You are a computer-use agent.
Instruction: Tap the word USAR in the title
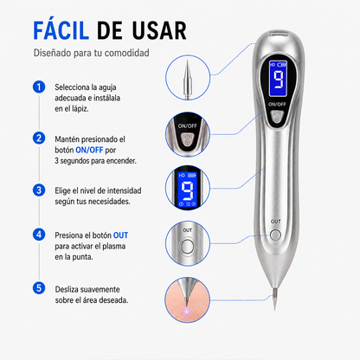[x=159, y=30]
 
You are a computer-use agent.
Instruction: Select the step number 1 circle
[x=39, y=87]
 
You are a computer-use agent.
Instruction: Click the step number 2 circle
[x=39, y=138]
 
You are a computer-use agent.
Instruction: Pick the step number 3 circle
[x=39, y=190]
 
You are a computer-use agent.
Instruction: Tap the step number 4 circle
[x=39, y=235]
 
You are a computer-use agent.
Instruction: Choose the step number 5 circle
[x=39, y=288]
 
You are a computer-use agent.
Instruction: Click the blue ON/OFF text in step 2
[x=89, y=150]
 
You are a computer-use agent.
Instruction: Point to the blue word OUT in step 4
[x=120, y=235]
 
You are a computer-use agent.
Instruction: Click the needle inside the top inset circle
[x=187, y=80]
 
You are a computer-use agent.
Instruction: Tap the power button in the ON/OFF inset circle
[x=187, y=139]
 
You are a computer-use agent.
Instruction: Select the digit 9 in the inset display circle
[x=187, y=190]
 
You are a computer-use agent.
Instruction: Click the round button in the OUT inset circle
[x=187, y=247]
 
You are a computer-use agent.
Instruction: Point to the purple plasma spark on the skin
[x=187, y=311]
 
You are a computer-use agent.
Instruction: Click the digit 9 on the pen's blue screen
[x=279, y=80]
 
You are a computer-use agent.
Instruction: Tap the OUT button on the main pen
[x=276, y=235]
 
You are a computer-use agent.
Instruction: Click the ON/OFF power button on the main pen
[x=277, y=116]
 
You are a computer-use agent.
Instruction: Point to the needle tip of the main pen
[x=274, y=309]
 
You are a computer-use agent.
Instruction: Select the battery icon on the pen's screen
[x=282, y=65]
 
